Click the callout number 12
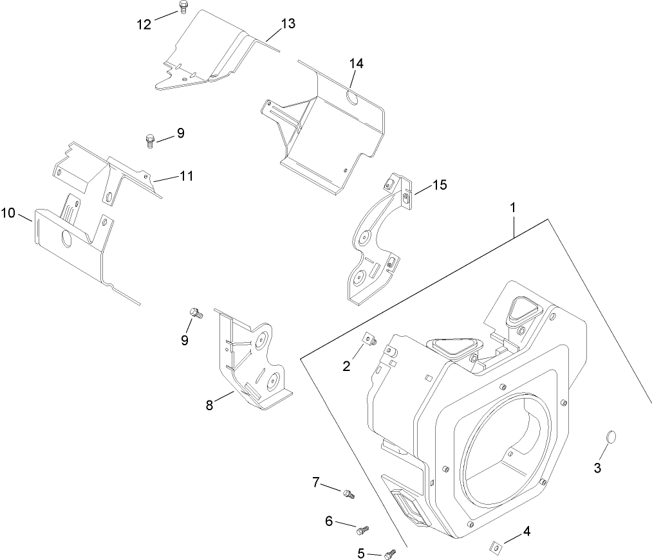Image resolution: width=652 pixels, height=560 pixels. pos(144,24)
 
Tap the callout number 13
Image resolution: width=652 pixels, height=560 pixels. pos(288,24)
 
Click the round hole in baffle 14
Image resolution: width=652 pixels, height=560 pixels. pos(352,98)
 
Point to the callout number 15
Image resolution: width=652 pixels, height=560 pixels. pos(439,185)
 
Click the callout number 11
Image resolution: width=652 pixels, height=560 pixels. pos(187,175)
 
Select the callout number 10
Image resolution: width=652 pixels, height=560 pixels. pos(8,213)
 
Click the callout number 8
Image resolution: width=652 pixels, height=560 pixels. pos(209,405)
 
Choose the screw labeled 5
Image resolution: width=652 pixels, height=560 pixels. pos(389,553)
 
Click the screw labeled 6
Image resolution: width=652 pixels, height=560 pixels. pos(362,530)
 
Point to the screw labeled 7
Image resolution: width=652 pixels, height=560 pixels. pos(348,494)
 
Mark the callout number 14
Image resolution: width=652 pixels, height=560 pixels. pos(356,63)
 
